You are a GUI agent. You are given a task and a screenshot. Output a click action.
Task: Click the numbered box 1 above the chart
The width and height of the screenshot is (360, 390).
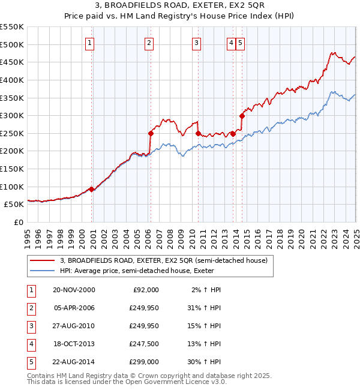point(89,43)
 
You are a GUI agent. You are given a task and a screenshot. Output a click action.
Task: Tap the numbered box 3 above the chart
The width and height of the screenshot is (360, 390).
point(196,43)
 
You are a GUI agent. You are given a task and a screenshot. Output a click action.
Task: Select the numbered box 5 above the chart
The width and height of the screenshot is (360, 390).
point(239,43)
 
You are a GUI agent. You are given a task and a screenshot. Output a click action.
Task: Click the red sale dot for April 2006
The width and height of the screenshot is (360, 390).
point(151,133)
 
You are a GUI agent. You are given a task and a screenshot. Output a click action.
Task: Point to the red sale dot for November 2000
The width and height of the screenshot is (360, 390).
point(92,189)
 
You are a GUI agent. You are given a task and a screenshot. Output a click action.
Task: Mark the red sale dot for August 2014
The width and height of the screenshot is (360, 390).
point(242,116)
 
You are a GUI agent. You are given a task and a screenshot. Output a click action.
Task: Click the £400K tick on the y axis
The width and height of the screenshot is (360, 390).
point(14,80)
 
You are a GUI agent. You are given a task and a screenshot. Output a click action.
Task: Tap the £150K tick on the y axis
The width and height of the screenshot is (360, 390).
point(14,169)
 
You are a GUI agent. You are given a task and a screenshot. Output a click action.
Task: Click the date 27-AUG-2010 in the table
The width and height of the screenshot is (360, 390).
point(74,326)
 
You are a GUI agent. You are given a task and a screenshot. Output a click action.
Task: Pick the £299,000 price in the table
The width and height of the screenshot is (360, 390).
point(145,362)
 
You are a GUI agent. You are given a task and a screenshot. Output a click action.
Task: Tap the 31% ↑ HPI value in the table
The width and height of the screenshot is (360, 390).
point(203,308)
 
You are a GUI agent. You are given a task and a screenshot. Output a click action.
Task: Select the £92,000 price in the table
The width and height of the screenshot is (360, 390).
point(146,290)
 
